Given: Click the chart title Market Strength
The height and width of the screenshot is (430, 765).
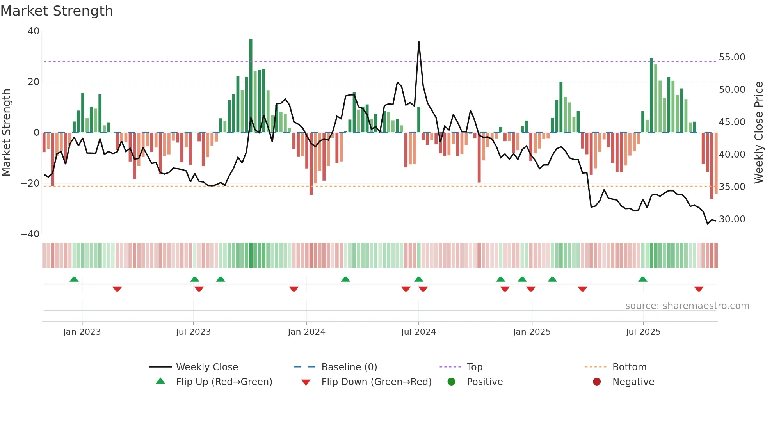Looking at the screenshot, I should point(57,11).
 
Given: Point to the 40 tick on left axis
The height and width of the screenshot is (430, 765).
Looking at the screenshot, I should point(34,31).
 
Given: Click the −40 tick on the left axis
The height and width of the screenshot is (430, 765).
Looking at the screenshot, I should point(30,234).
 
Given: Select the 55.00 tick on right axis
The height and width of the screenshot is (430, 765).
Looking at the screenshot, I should point(732,57).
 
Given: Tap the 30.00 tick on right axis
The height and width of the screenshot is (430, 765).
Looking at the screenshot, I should point(732,219).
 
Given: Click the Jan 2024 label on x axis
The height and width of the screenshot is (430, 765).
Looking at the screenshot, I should point(306,332).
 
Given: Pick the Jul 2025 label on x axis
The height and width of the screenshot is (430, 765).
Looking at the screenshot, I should point(643,332).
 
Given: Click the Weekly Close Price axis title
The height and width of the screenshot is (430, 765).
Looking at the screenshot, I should point(758,132).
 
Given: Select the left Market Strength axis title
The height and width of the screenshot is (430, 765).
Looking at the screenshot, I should point(7,132).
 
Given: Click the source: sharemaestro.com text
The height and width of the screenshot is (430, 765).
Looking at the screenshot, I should point(687,306).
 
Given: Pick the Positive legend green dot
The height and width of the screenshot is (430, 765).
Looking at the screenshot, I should point(452,382).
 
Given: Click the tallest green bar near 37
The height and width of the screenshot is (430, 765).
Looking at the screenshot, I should point(251,86).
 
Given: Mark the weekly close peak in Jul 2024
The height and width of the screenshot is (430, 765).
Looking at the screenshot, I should point(419,42).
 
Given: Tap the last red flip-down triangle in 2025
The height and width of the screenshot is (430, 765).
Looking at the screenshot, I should point(699,289).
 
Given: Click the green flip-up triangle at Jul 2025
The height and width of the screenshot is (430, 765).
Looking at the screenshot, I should point(643,279).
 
